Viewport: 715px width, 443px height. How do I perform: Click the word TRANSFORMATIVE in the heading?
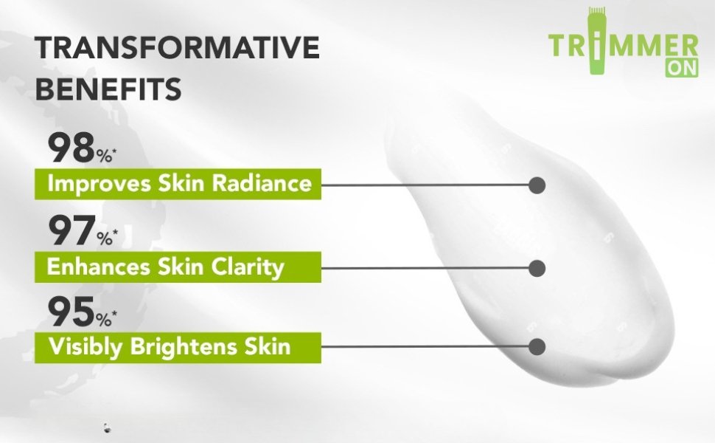coord(177,47)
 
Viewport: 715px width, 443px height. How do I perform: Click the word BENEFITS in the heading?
coord(108,89)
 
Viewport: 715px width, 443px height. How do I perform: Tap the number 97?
coord(71,231)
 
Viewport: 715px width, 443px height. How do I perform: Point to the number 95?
coord(71,312)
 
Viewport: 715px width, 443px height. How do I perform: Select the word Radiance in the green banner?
coord(262,184)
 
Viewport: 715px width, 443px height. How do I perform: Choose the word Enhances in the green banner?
coord(99,267)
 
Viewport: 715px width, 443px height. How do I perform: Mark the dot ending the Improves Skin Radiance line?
coord(537,185)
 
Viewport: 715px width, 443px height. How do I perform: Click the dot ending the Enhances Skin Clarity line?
coord(537,268)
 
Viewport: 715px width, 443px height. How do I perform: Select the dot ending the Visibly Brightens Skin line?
coord(537,346)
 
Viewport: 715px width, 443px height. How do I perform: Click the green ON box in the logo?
coord(681,68)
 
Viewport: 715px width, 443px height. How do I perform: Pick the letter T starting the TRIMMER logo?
coord(559,45)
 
